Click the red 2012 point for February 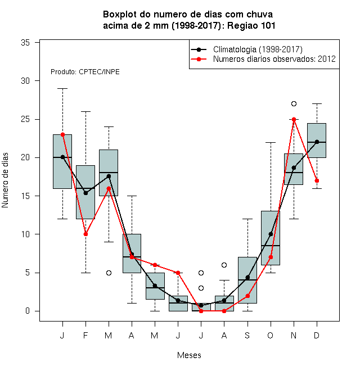point(85,234)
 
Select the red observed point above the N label point(294,120)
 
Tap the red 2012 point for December point(317,181)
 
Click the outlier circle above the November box point(294,103)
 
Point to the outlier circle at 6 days point(224,265)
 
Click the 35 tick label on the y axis point(25,43)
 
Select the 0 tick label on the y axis point(28,311)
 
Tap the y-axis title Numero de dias point(5,180)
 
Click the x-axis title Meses point(189,355)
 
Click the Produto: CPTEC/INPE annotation point(85,72)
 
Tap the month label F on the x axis point(85,335)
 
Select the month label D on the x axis point(317,335)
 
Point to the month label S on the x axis point(247,335)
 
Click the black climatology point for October point(271,234)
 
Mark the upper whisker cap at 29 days point(63,88)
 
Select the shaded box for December point(317,141)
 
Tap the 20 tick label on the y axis point(25,157)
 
